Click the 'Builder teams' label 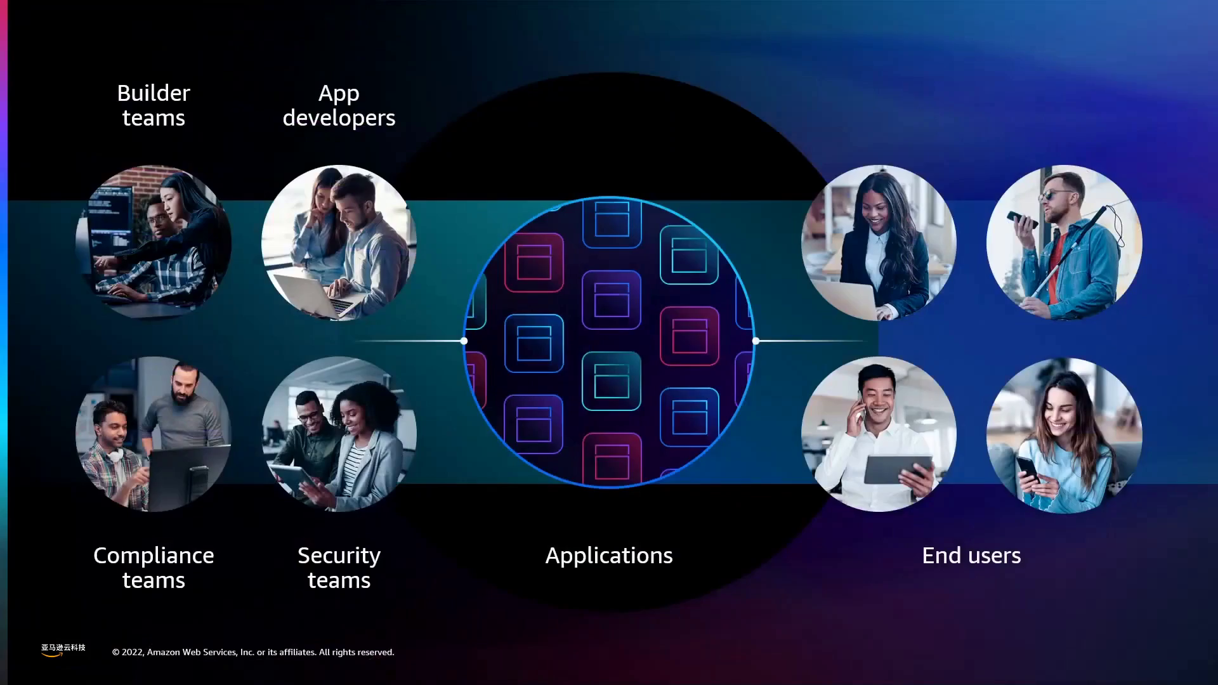pyautogui.click(x=154, y=105)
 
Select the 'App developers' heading pyautogui.click(x=339, y=105)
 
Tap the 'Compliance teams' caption pyautogui.click(x=154, y=568)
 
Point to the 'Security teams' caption pyautogui.click(x=339, y=568)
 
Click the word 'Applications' pyautogui.click(x=609, y=556)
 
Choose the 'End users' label pyautogui.click(x=971, y=556)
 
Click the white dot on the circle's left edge pyautogui.click(x=464, y=341)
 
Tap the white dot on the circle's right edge pyautogui.click(x=756, y=341)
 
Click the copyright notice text pyautogui.click(x=253, y=652)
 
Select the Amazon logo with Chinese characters pyautogui.click(x=63, y=649)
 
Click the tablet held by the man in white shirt pyautogui.click(x=898, y=469)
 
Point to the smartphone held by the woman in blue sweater pyautogui.click(x=1027, y=469)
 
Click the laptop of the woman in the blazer pyautogui.click(x=850, y=298)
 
